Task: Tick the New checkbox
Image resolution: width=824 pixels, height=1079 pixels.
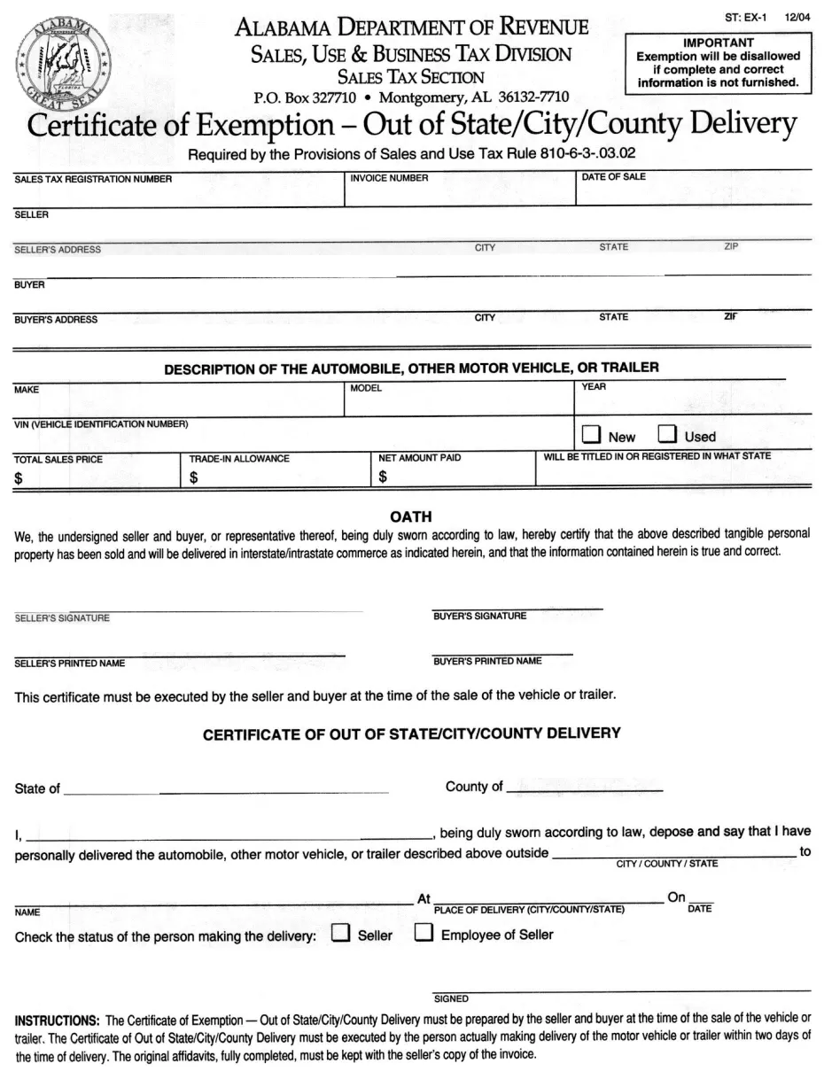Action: pos(591,435)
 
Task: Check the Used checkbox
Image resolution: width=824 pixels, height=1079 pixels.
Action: pos(667,435)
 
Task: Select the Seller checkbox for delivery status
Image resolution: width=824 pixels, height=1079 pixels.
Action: pos(340,934)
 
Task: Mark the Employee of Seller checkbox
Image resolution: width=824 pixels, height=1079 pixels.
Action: pos(424,934)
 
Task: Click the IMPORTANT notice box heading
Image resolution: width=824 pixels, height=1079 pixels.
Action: pos(718,43)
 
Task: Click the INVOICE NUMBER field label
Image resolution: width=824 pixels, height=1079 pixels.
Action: pos(389,178)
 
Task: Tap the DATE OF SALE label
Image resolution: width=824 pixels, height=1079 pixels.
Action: pos(613,177)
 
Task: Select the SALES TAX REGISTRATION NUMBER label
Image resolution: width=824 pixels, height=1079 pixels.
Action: pos(93,180)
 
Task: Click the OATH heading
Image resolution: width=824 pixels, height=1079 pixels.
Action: pos(411,516)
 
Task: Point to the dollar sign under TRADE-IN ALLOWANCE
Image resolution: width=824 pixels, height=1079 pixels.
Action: pos(194,478)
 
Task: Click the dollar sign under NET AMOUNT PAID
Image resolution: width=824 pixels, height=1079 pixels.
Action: pos(383,477)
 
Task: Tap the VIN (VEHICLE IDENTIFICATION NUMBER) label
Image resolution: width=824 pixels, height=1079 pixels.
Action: pos(101,424)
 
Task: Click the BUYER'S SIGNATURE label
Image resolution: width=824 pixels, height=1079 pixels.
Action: pos(479,616)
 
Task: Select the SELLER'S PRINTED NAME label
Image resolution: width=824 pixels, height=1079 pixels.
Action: pos(70,664)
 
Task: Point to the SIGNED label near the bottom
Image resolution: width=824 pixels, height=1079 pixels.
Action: pos(451,998)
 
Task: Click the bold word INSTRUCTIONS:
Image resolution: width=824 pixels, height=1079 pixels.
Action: pos(57,1020)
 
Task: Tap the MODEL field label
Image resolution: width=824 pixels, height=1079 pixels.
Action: pos(366,388)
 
